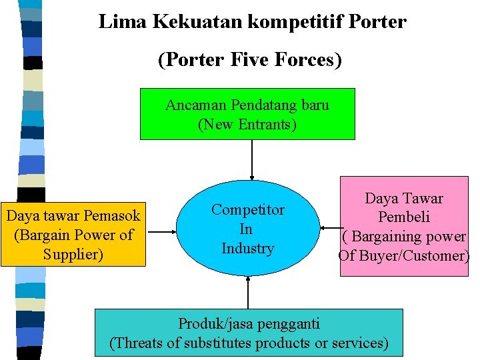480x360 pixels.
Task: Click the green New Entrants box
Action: click(x=247, y=114)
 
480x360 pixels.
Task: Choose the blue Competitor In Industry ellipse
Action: click(x=247, y=229)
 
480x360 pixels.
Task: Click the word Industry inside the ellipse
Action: click(x=247, y=249)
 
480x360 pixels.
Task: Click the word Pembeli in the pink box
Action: click(x=404, y=217)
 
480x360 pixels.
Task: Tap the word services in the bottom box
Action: click(x=359, y=343)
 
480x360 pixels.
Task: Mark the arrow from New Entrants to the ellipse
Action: click(x=252, y=160)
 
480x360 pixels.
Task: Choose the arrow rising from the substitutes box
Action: click(x=248, y=292)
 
